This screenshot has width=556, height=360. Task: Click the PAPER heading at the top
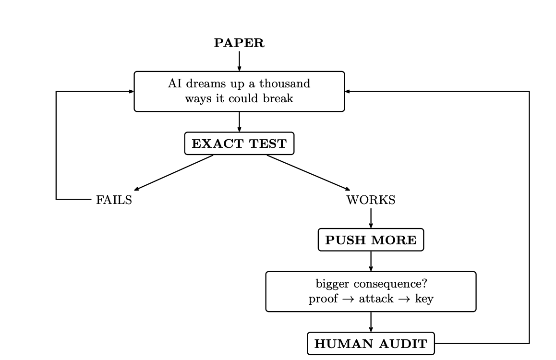(239, 43)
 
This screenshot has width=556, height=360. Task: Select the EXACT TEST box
(240, 144)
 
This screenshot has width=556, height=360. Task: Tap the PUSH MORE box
(371, 240)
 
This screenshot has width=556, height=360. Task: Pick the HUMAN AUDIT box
(371, 343)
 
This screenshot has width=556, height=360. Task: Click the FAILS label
(114, 200)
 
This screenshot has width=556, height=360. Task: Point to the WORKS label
(371, 200)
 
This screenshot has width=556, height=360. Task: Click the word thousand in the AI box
(285, 84)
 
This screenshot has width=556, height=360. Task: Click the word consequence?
(390, 284)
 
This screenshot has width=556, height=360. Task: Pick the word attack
(376, 299)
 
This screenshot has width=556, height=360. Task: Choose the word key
(424, 299)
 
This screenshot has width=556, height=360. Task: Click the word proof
(323, 299)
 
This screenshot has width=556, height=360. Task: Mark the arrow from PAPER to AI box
(240, 61)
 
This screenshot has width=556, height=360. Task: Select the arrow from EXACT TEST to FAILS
(174, 172)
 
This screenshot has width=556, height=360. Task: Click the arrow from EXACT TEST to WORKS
(309, 172)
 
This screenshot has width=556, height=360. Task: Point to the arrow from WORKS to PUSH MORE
(371, 218)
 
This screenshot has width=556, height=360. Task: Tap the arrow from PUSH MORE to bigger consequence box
(371, 262)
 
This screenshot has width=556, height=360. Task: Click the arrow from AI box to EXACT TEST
(240, 122)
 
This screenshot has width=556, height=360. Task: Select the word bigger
(332, 284)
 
